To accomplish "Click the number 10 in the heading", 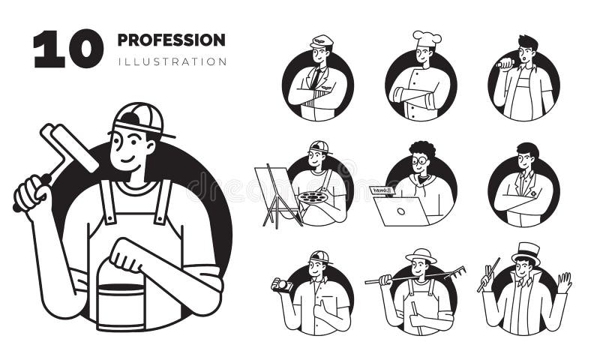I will pos(67,49).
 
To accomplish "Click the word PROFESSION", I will pos(171,39).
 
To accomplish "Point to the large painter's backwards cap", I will pos(138,118).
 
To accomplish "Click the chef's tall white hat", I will pos(426,37).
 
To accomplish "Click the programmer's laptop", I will pos(401,212).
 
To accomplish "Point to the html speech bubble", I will pos(382,190).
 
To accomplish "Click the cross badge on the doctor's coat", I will pos(533,193).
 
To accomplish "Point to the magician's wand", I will pos(488,274).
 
